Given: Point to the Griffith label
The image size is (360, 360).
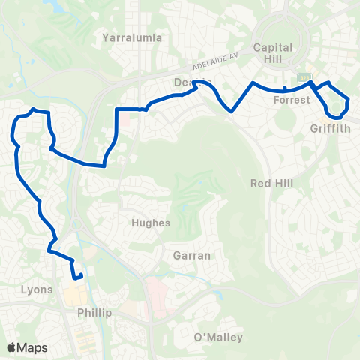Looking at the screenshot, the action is pyautogui.click(x=330, y=127).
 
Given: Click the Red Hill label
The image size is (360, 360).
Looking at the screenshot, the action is pyautogui.click(x=271, y=183).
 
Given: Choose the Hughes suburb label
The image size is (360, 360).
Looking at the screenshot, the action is pyautogui.click(x=151, y=223).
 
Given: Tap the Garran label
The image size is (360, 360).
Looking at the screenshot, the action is pyautogui.click(x=191, y=255).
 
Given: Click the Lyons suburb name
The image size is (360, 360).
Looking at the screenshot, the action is pyautogui.click(x=37, y=289).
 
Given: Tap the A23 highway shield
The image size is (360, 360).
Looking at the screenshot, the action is pyautogui.click(x=305, y=77).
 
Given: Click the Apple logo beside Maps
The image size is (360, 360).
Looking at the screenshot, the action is pyautogui.click(x=13, y=348).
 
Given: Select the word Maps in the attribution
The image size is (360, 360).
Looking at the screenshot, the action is pyautogui.click(x=33, y=348).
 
